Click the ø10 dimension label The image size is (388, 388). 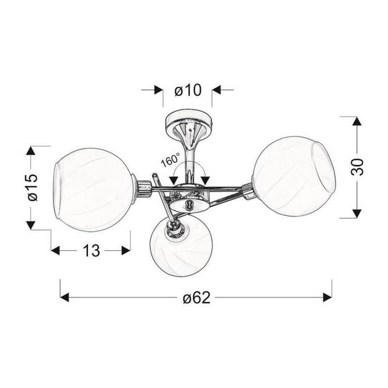coord(188,91)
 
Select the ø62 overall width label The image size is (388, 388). coord(197,297)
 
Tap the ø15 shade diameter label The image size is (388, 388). coord(33,188)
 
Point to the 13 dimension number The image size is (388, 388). coord(91,250)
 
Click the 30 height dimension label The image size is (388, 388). coord(357,167)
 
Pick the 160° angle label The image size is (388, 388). coord(171,160)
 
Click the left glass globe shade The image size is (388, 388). coord(94,189)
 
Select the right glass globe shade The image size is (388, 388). coord(294,176)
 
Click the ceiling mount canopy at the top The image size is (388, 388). coord(189,122)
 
